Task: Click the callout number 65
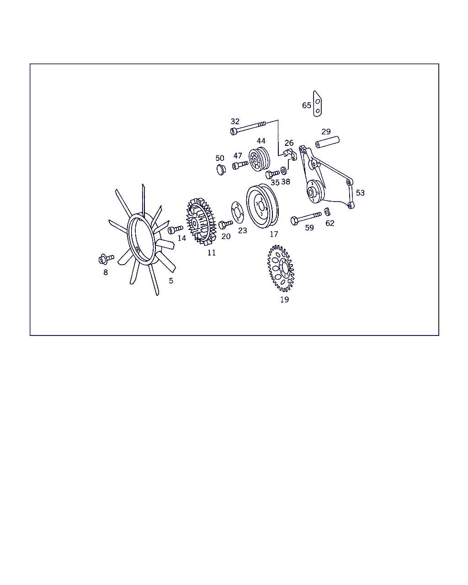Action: [307, 105]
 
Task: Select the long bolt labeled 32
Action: [248, 128]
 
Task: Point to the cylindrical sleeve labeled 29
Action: [327, 142]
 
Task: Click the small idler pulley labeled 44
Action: [259, 160]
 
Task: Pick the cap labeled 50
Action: [221, 170]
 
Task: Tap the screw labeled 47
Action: [240, 165]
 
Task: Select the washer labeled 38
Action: [283, 171]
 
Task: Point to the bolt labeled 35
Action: [272, 174]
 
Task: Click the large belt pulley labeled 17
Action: [262, 206]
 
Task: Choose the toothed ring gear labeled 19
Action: [281, 268]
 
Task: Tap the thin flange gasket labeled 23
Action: [237, 213]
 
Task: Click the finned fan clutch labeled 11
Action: [201, 221]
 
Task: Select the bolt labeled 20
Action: [225, 224]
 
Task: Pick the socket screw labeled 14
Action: [175, 229]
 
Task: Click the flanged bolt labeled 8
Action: [106, 259]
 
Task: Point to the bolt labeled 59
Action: [306, 218]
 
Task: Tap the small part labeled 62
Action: [327, 212]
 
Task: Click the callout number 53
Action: [360, 193]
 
